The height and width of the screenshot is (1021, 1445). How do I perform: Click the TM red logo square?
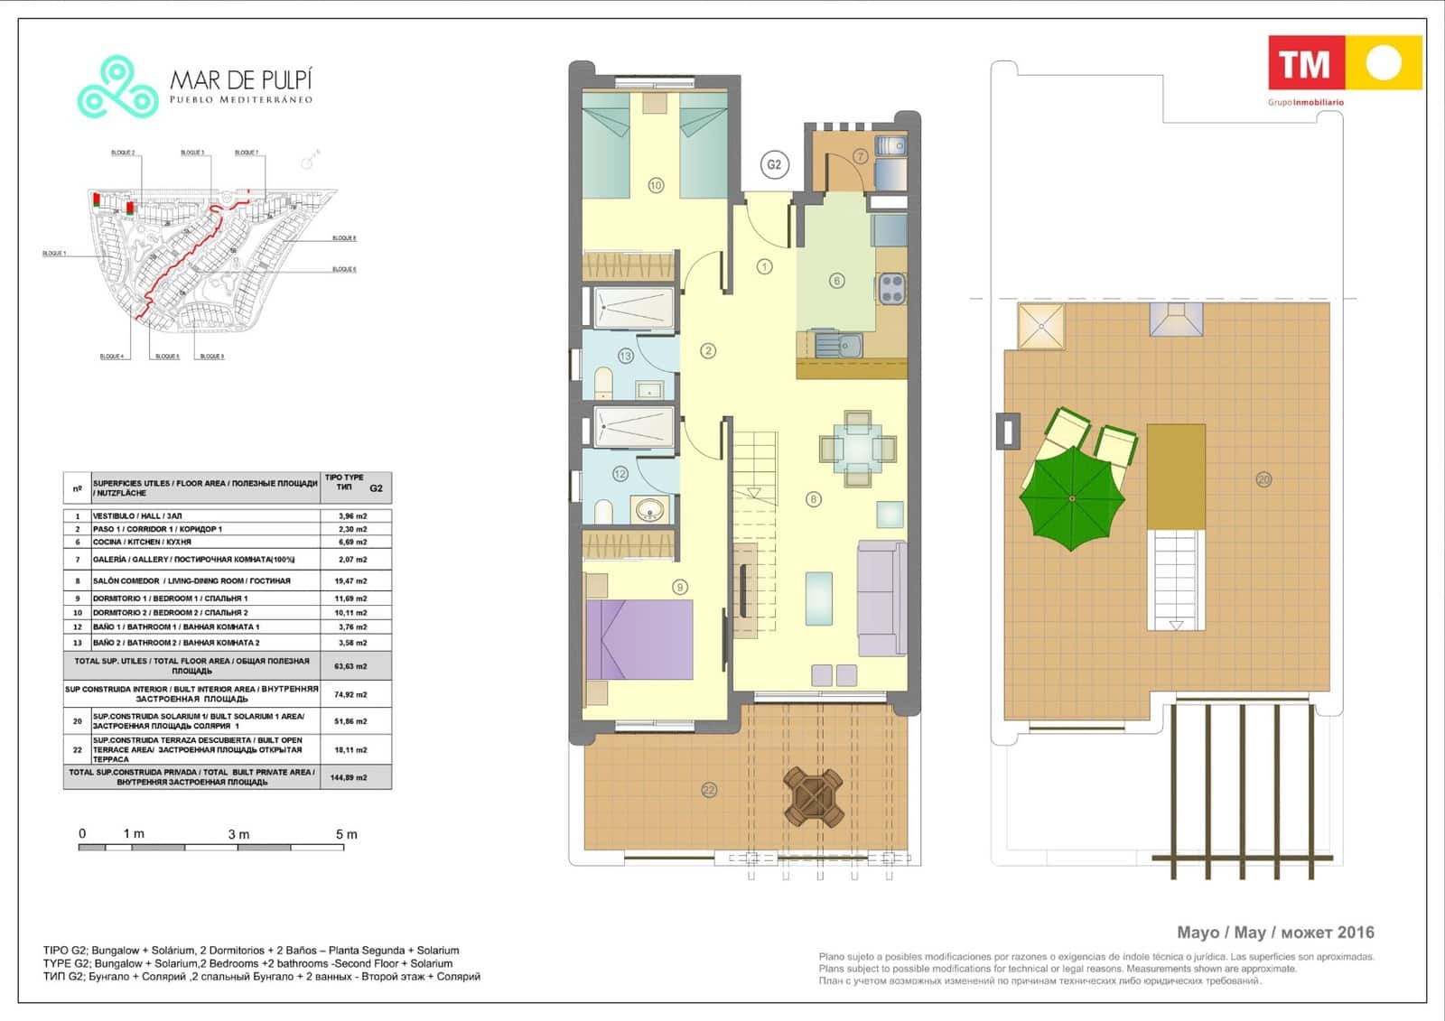tap(1306, 63)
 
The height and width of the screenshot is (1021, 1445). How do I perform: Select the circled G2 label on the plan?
tap(774, 164)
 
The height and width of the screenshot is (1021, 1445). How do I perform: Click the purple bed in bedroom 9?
tap(639, 639)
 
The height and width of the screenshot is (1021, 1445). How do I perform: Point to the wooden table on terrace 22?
tap(814, 796)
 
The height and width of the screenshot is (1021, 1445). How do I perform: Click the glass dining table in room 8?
tap(858, 449)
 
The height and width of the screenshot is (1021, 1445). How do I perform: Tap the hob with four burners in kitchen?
tap(892, 289)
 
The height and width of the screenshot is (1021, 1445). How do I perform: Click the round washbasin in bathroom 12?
tap(650, 510)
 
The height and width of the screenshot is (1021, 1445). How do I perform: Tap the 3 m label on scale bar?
tap(238, 834)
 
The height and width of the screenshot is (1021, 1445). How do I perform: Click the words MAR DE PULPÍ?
tap(241, 79)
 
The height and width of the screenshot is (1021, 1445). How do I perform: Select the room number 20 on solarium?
tap(1263, 479)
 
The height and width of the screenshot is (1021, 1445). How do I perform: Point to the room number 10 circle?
tap(656, 185)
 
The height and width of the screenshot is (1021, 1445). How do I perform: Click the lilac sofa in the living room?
tap(881, 598)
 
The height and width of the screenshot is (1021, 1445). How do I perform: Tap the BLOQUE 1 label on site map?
tap(54, 254)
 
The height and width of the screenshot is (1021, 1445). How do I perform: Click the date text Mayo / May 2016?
tap(1274, 933)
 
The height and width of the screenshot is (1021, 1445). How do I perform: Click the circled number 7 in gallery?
tap(861, 156)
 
